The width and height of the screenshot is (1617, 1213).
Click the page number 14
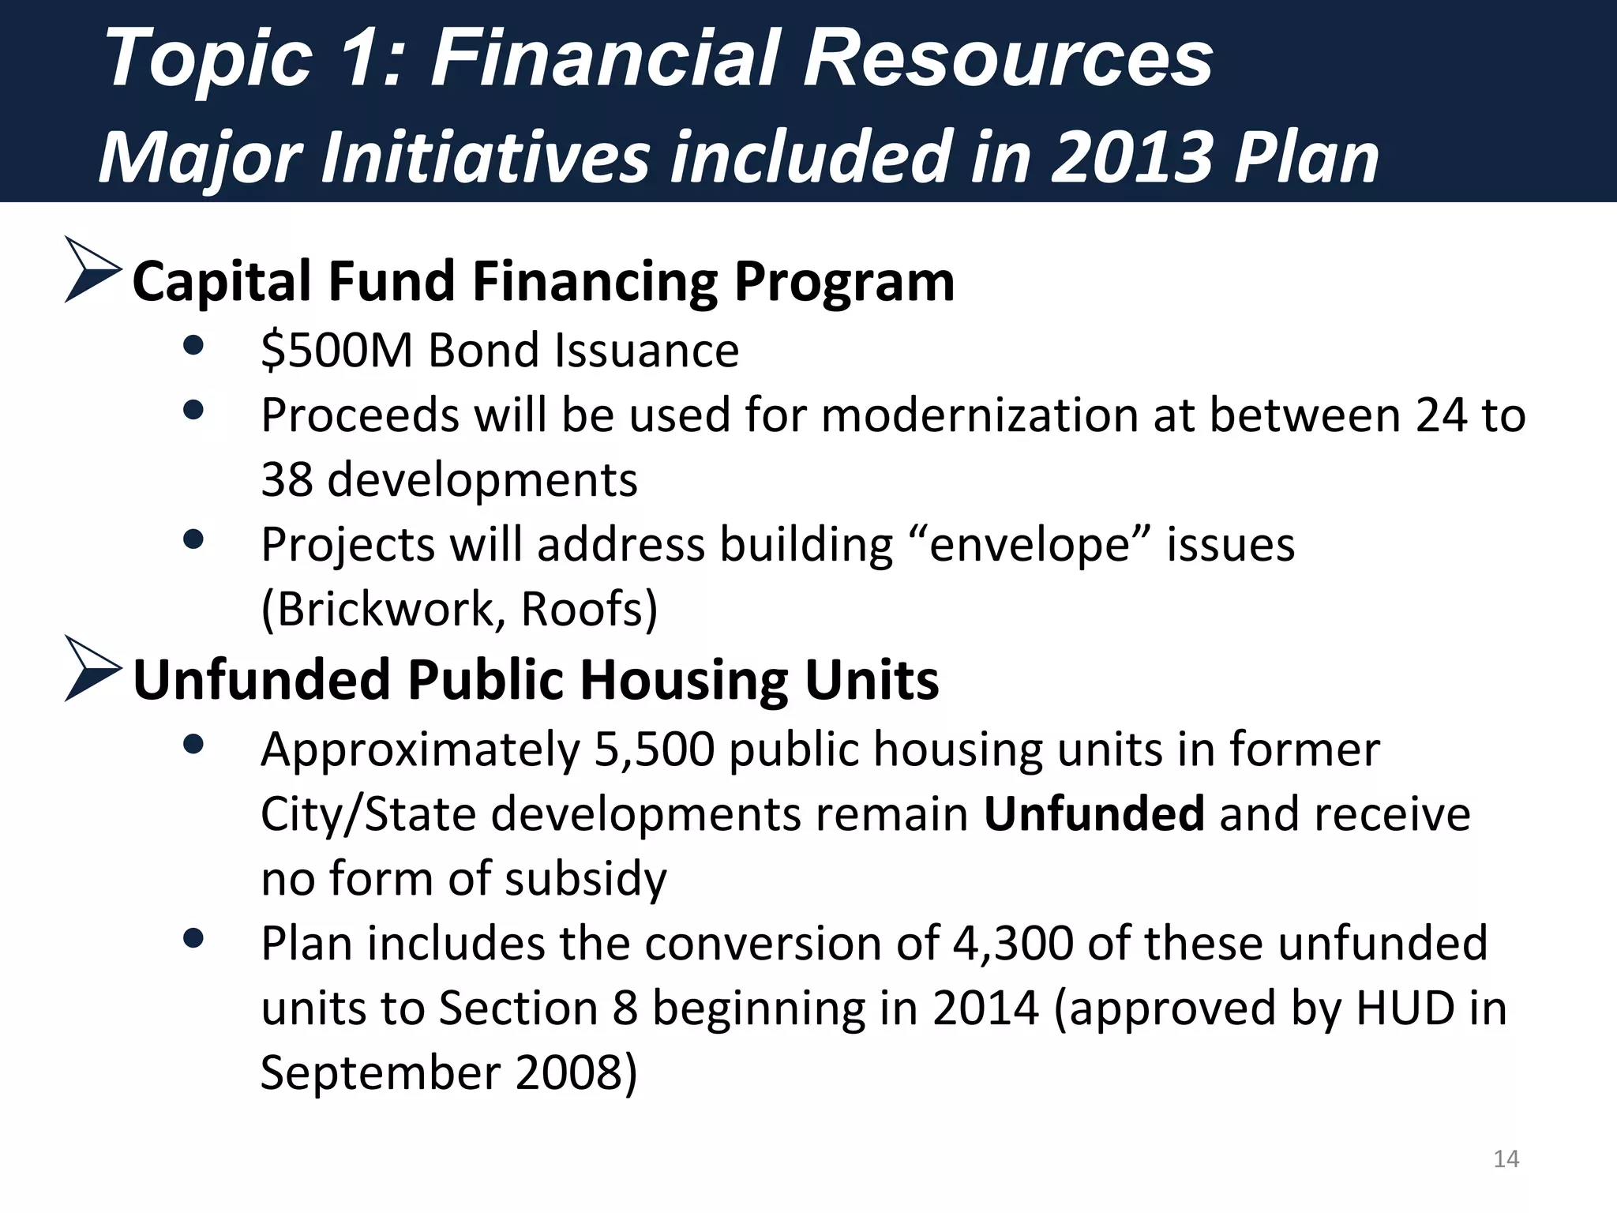1506,1159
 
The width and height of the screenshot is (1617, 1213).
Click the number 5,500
654,749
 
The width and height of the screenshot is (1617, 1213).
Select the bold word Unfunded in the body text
1094,814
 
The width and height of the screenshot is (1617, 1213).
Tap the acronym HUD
1405,1008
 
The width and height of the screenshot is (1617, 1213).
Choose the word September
381,1073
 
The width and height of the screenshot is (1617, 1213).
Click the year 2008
567,1073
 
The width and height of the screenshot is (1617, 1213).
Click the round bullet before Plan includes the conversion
193,938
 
